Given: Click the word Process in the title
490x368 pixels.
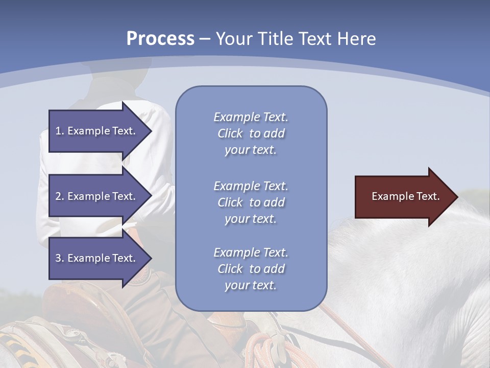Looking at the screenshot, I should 160,39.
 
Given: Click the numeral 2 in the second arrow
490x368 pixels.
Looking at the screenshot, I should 58,196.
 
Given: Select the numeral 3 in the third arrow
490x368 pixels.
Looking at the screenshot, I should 58,258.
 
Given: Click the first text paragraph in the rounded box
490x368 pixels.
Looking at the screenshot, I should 251,133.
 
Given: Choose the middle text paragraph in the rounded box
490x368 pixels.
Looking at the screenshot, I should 251,202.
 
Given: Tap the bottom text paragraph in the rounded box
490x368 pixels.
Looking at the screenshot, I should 251,269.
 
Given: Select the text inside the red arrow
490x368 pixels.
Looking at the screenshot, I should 405,197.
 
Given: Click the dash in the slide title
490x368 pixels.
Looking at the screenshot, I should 205,39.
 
